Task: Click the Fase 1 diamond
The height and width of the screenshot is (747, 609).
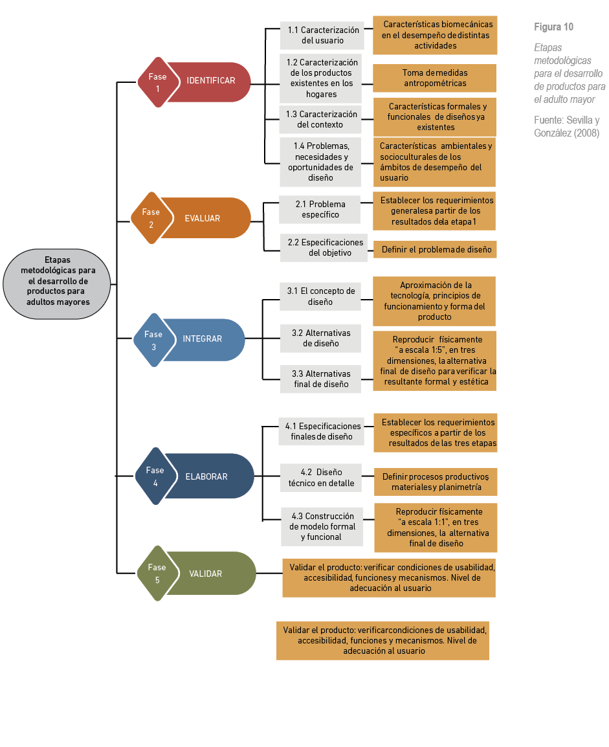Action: pos(157,82)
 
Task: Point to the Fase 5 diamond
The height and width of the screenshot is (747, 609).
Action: pos(157,574)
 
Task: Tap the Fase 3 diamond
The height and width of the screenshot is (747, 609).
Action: pos(153,340)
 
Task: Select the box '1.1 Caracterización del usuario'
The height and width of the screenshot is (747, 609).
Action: pos(322,36)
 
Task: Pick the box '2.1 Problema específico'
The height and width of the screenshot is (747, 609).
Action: pos(320,209)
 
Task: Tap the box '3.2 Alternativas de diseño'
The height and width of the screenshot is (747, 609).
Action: pos(320,338)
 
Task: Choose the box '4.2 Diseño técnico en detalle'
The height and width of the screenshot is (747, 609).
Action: pos(321,478)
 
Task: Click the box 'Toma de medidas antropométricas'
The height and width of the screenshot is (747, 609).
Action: pos(435,78)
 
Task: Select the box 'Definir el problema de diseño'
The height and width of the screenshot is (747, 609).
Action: pos(435,250)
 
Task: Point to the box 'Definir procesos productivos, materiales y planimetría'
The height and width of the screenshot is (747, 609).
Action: pos(436,482)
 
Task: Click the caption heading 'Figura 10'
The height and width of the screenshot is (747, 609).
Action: pos(553,27)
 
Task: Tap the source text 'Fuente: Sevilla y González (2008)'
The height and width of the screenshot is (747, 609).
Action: pos(566,127)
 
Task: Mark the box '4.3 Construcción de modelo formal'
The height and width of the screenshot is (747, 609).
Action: pos(322,526)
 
